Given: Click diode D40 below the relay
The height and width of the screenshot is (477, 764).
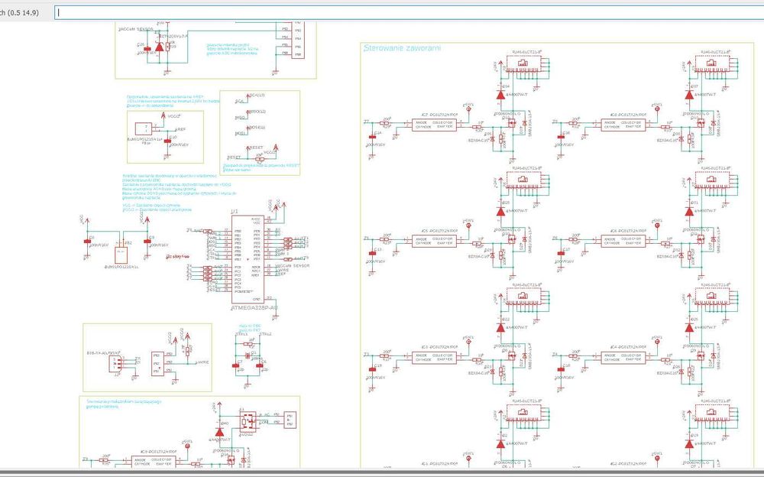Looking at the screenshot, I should pyautogui.click(x=219, y=431).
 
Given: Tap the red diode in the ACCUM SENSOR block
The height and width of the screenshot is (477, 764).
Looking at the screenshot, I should pyautogui.click(x=159, y=47).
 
